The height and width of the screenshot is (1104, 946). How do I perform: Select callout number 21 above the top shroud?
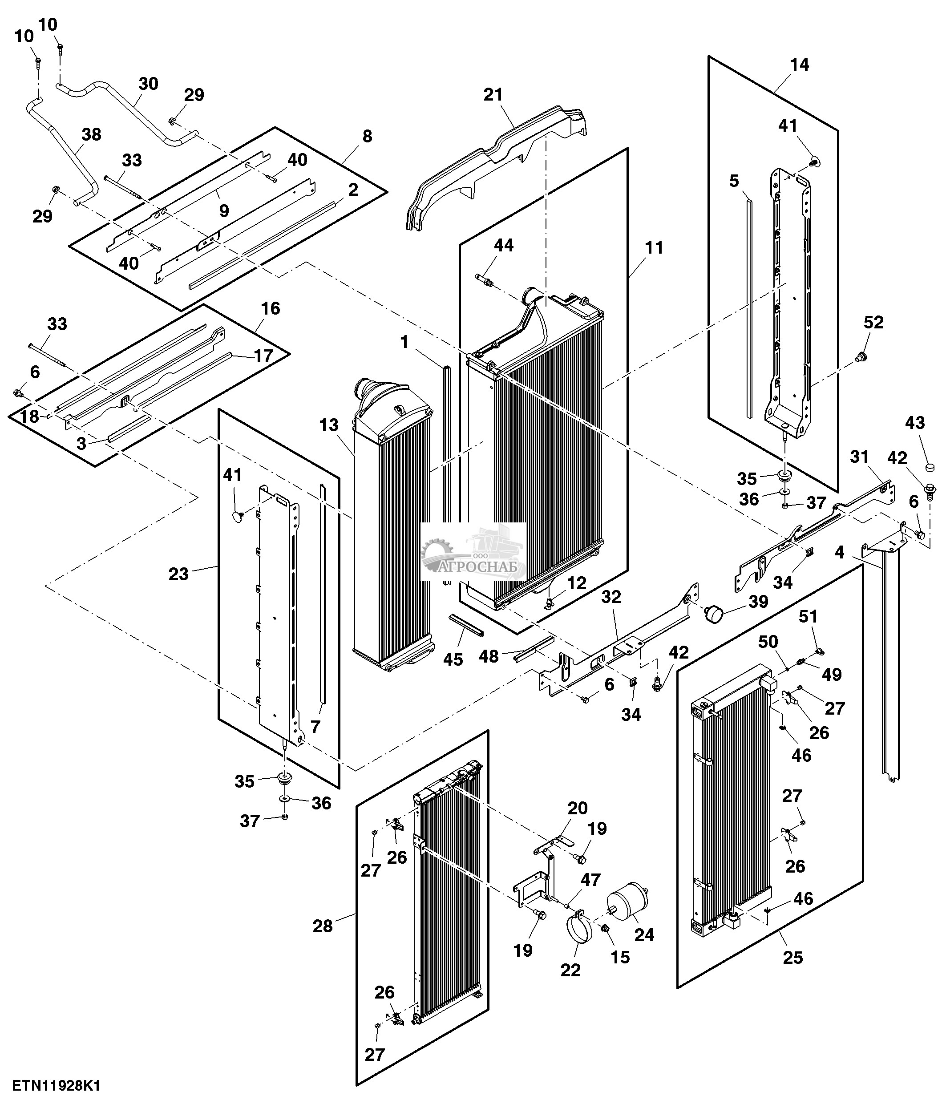click(x=493, y=95)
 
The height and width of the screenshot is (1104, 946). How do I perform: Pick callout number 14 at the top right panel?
click(x=800, y=65)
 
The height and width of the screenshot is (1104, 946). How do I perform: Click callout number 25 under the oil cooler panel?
click(x=793, y=958)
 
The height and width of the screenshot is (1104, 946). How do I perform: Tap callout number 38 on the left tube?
click(x=92, y=134)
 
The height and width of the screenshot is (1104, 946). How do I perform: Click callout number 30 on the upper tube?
click(x=149, y=84)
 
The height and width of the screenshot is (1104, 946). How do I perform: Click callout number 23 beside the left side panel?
click(x=179, y=574)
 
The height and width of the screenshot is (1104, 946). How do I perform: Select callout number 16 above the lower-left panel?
click(x=271, y=308)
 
